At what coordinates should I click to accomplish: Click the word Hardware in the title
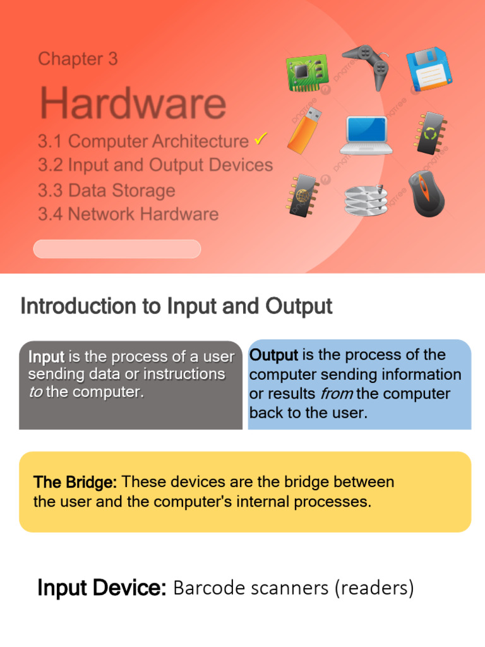point(133,103)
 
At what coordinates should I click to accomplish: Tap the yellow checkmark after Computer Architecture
point(261,139)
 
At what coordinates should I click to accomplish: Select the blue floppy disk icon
point(429,68)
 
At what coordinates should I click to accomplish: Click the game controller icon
point(366,66)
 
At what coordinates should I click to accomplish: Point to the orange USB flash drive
point(304,130)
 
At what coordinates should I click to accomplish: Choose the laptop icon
point(366,135)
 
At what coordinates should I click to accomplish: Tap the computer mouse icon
point(426,194)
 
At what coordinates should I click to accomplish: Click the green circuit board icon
point(308,73)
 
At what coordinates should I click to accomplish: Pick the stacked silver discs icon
point(366,200)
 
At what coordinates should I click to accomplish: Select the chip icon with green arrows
point(429,133)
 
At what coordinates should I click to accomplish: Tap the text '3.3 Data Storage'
point(106,191)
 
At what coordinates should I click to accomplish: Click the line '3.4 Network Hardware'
point(128,214)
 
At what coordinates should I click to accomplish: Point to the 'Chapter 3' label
point(78,59)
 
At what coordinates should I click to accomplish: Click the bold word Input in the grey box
point(46,357)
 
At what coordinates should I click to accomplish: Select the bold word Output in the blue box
point(273,355)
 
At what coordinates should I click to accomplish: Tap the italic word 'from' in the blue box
point(337,394)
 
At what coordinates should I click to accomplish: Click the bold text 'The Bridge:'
point(75,482)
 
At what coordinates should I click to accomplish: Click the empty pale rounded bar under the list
point(117,249)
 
